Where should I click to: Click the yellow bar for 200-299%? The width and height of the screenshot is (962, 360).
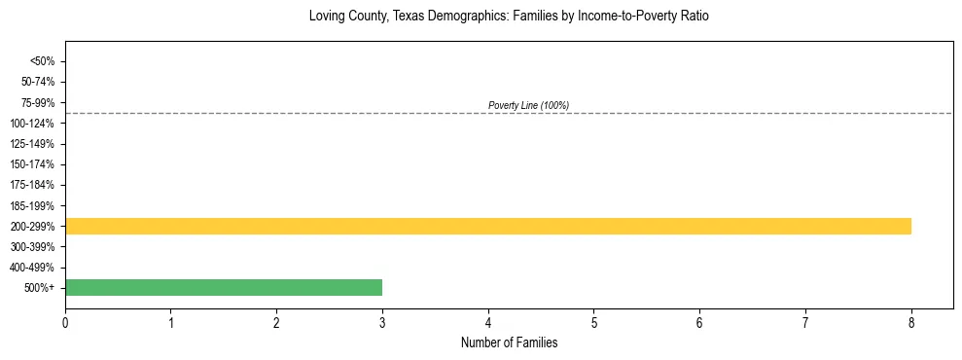[x=487, y=227]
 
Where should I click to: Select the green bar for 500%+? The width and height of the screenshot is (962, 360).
[x=224, y=288]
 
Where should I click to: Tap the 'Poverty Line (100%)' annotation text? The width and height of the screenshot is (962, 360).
[x=528, y=105]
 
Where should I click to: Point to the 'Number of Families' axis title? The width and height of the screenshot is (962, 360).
[x=509, y=342]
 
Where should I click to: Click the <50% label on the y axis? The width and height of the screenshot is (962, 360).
[x=42, y=61]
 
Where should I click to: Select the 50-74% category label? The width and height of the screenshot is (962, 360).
[x=38, y=82]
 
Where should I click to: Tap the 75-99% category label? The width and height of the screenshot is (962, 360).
[x=38, y=102]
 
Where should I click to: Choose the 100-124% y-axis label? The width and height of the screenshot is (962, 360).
[x=35, y=124]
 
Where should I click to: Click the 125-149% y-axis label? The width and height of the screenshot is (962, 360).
[x=35, y=144]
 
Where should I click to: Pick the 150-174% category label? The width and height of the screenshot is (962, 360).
[x=35, y=164]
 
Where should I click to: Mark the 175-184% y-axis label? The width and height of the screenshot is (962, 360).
[x=35, y=185]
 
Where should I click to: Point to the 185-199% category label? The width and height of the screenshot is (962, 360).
[x=35, y=206]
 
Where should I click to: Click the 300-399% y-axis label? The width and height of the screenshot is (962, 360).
[x=35, y=247]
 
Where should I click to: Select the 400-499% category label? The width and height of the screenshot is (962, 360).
[x=35, y=268]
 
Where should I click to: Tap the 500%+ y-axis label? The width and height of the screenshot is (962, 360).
[x=40, y=288]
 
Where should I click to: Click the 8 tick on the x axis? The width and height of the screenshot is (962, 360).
[x=911, y=322]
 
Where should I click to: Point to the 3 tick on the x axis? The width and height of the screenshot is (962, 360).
[x=382, y=322]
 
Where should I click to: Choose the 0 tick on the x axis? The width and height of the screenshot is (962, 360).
[x=65, y=322]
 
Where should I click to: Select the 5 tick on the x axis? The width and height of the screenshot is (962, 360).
[x=594, y=322]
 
